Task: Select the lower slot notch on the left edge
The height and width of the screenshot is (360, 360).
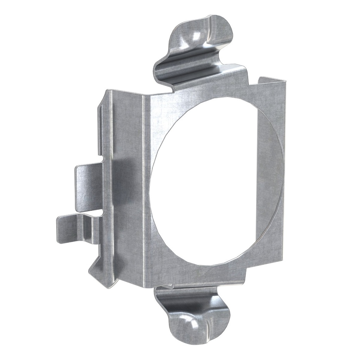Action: pyautogui.click(x=101, y=212)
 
